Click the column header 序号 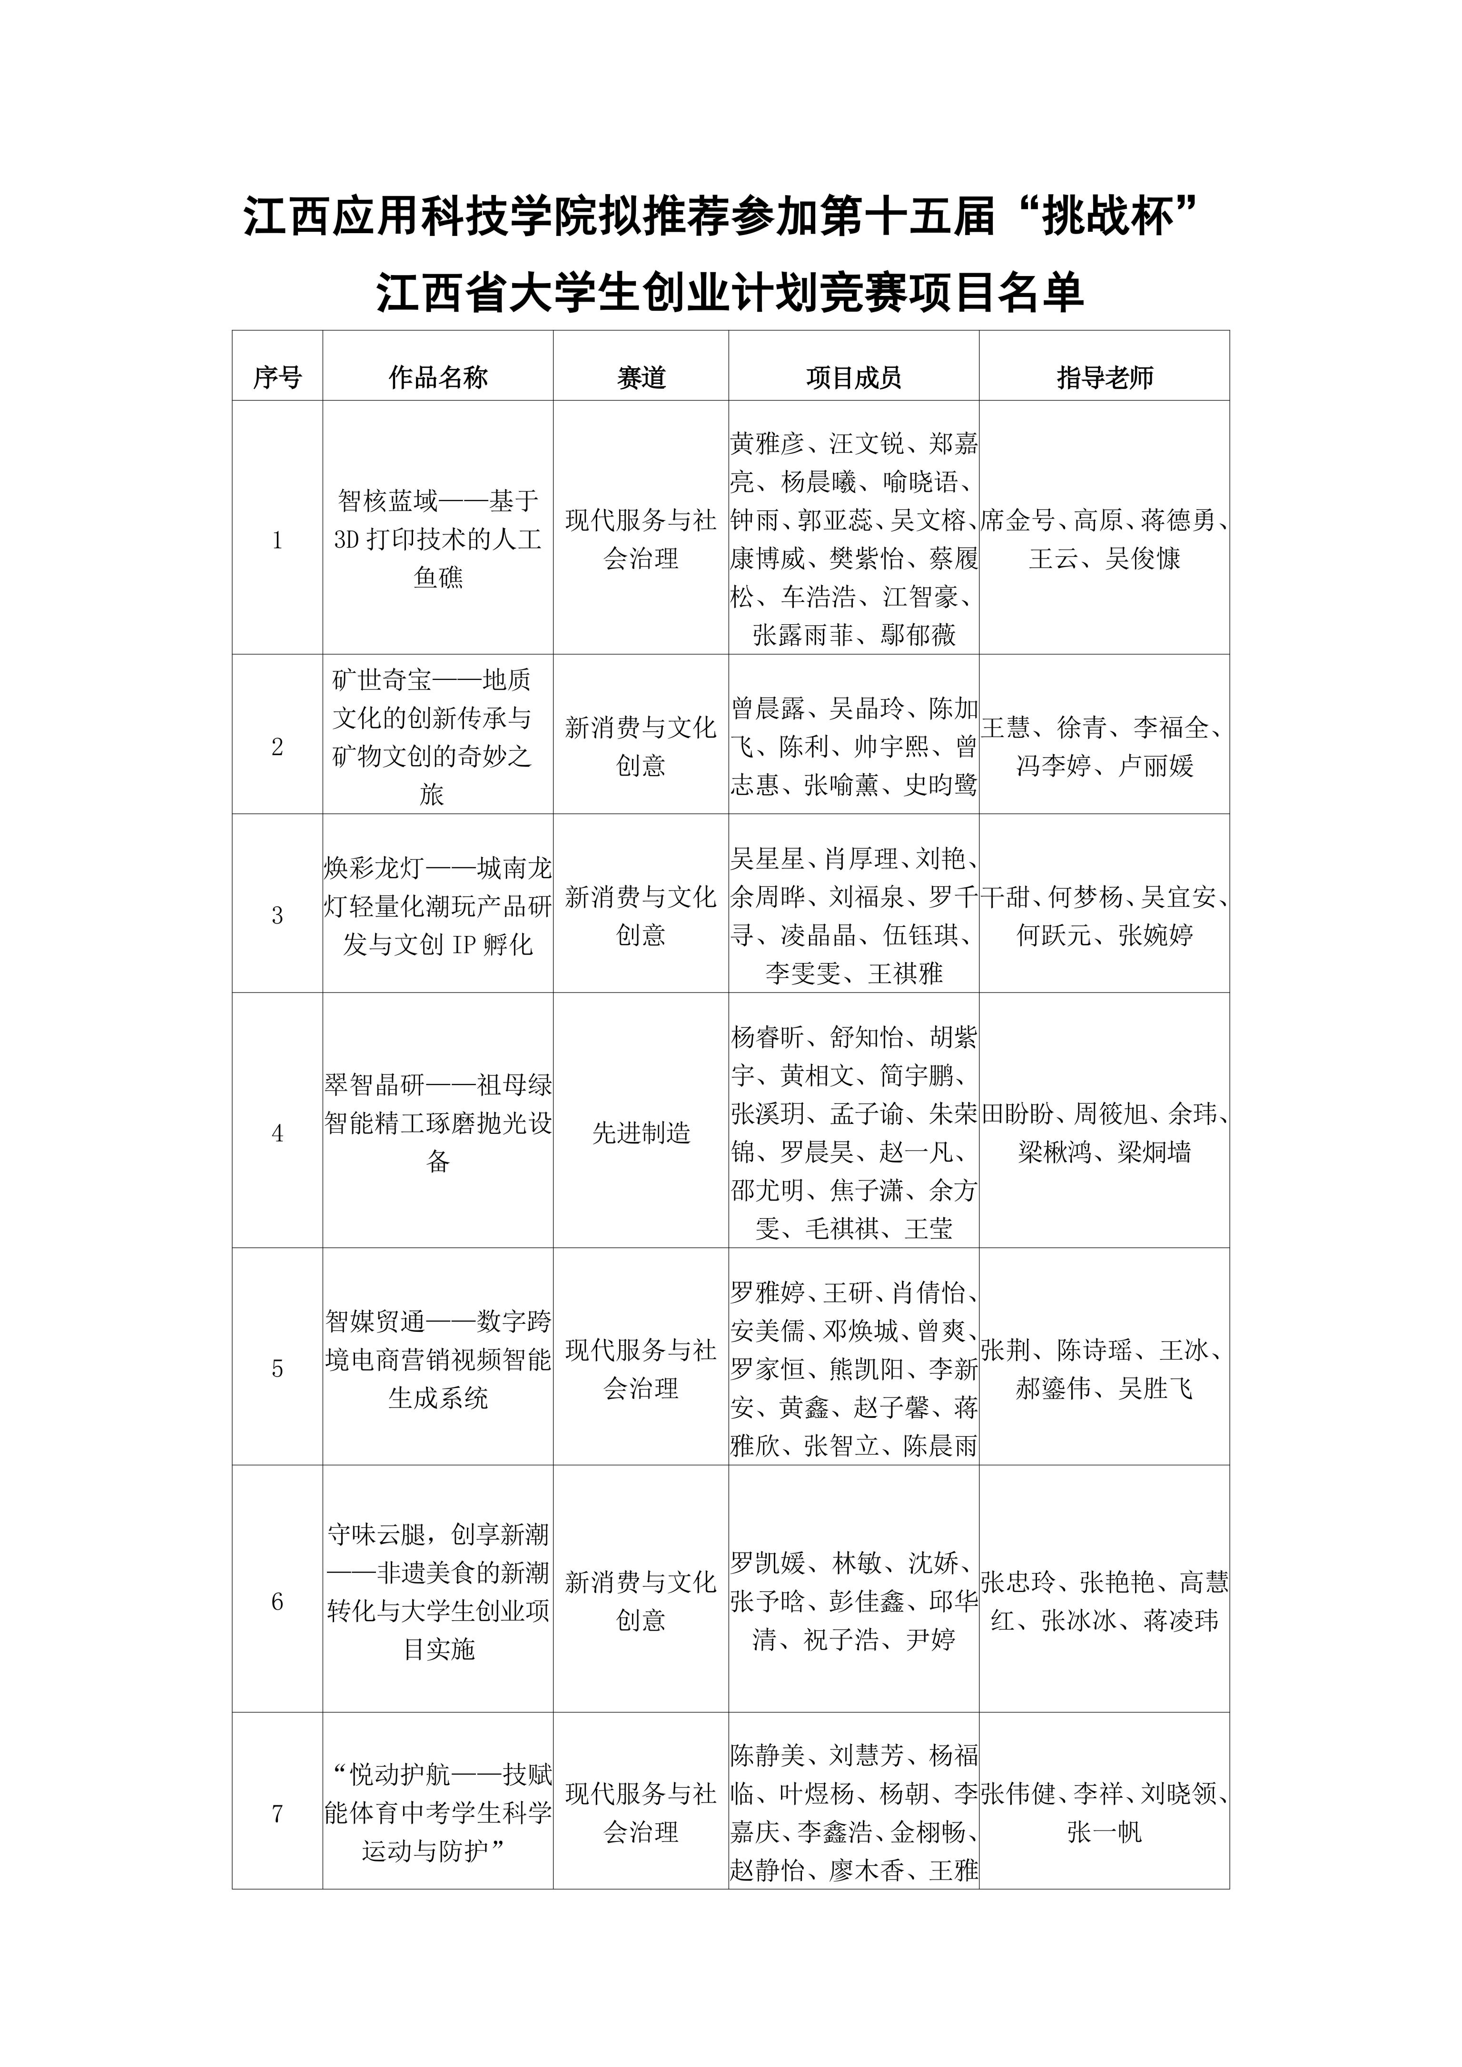pos(277,377)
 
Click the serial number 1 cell pos(277,540)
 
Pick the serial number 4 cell pos(277,1133)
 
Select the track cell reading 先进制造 pos(641,1133)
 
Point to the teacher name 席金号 pos(1017,521)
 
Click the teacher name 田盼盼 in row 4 pos(1018,1114)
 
